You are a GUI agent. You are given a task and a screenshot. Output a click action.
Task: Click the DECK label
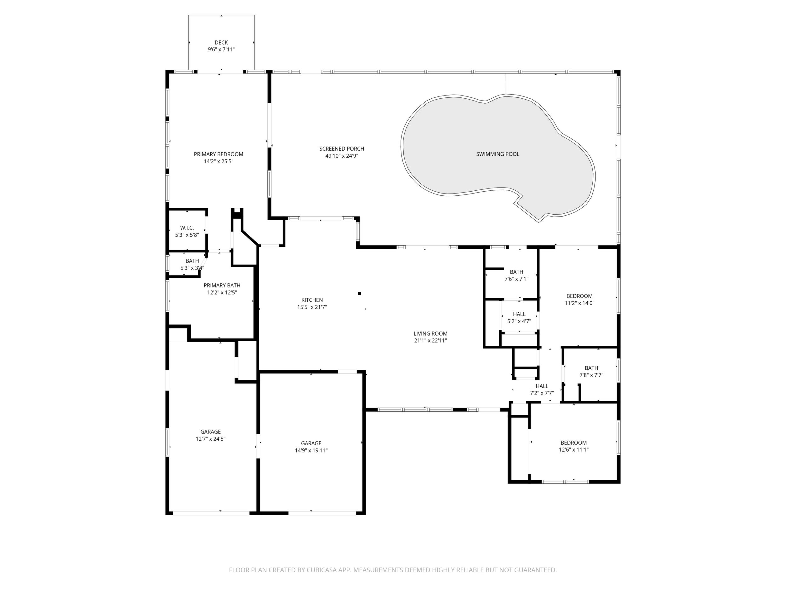pos(221,43)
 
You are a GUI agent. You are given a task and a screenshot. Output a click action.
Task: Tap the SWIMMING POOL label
pos(498,154)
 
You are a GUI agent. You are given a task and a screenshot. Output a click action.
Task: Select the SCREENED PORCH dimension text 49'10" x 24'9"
pos(341,156)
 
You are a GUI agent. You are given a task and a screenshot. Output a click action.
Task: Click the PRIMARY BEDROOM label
pos(219,154)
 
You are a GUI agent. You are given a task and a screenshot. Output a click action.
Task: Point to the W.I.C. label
pos(187,228)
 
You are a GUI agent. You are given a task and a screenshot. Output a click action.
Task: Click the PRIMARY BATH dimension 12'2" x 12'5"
pos(222,293)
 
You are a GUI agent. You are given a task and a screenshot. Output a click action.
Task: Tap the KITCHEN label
pos(312,300)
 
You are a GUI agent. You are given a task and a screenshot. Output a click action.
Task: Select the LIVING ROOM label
pos(430,333)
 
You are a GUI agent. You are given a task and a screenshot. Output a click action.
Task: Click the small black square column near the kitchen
pos(360,293)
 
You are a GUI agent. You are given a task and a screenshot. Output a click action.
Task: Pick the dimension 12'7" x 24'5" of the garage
pos(210,439)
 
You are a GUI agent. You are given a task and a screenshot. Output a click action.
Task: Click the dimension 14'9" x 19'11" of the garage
pos(311,451)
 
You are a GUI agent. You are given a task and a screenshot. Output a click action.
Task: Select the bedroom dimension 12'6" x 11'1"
pos(573,449)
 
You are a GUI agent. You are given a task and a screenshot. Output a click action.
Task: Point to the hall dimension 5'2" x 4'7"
pos(519,321)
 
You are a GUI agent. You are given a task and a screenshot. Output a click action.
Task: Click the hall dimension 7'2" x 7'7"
pos(542,393)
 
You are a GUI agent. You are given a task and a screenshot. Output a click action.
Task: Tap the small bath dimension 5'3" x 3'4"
pos(192,268)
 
